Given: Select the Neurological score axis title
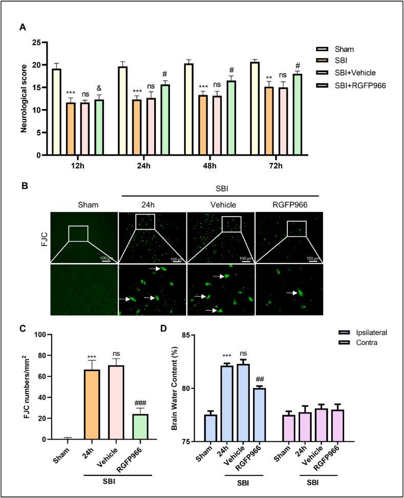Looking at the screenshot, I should pos(24,99).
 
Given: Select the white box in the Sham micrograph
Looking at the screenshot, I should pos(78,233).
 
